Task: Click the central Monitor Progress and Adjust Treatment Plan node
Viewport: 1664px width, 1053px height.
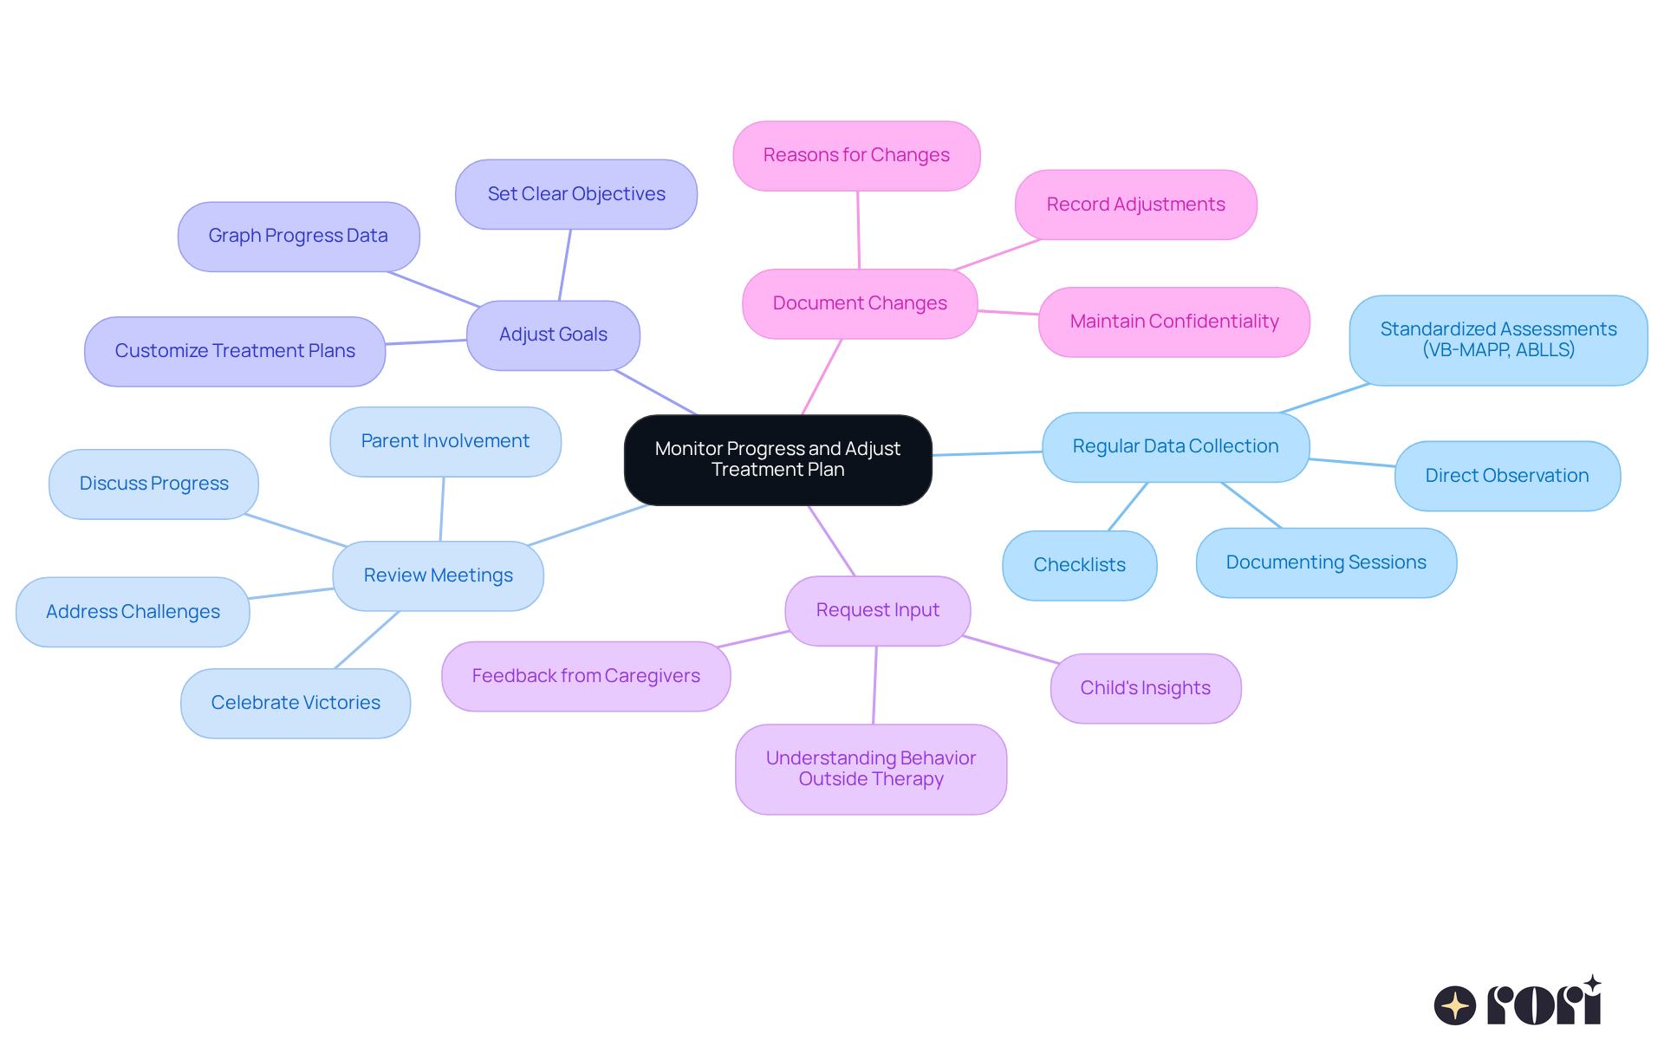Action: coord(777,459)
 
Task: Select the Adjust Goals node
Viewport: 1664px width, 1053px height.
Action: coord(553,335)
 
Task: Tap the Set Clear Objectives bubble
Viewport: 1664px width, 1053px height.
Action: coord(576,194)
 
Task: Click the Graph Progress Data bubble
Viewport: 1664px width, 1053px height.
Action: coord(298,236)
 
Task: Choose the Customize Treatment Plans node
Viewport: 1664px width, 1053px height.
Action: coord(235,351)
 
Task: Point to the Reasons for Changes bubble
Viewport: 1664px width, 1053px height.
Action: coord(856,155)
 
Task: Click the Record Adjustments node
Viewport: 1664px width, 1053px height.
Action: coord(1135,205)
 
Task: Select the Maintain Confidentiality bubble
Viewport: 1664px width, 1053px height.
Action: coord(1173,322)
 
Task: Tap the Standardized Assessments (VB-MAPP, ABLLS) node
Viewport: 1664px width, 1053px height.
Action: coord(1498,340)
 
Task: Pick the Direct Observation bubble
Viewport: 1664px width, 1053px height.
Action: coord(1506,476)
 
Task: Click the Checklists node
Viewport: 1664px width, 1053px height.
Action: coord(1079,565)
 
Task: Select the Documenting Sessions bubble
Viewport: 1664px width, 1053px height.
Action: coord(1326,562)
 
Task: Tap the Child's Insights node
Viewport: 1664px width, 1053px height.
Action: coord(1145,688)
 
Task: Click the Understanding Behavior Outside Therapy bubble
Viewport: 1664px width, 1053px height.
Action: coord(870,769)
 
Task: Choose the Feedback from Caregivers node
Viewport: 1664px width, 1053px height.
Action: coord(586,676)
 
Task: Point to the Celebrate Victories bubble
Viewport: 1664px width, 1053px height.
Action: coord(296,703)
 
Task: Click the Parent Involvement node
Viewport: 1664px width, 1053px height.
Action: coord(445,441)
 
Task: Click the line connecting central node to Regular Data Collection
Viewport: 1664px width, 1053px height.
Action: coord(986,453)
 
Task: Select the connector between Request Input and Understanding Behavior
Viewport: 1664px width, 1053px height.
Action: coord(875,685)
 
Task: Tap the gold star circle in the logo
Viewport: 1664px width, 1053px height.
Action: coord(1454,1005)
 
